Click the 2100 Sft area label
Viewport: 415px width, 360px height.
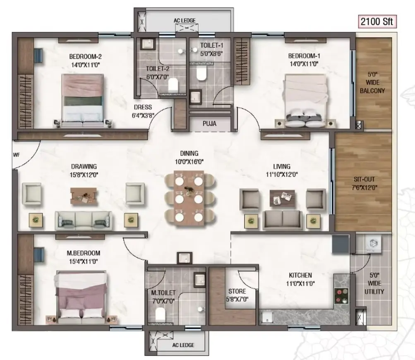click(x=377, y=22)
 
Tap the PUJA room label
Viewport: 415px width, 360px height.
click(x=209, y=124)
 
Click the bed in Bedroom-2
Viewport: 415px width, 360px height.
click(x=83, y=100)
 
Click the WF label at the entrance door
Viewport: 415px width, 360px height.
click(x=17, y=155)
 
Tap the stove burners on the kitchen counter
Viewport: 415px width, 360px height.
click(x=341, y=296)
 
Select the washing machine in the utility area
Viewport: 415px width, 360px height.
click(x=373, y=243)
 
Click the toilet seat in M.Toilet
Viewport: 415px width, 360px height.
click(x=161, y=314)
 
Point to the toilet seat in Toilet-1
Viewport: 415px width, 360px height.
click(x=201, y=74)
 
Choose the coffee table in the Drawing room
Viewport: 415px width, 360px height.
click(x=83, y=196)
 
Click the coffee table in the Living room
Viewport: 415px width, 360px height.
click(x=282, y=198)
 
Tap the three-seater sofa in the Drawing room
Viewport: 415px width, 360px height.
click(x=83, y=221)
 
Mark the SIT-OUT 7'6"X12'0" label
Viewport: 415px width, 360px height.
click(x=364, y=183)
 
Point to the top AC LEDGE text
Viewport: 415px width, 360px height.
click(x=185, y=21)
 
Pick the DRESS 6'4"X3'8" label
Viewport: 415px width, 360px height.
click(x=143, y=111)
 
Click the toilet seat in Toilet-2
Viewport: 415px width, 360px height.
click(x=173, y=84)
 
